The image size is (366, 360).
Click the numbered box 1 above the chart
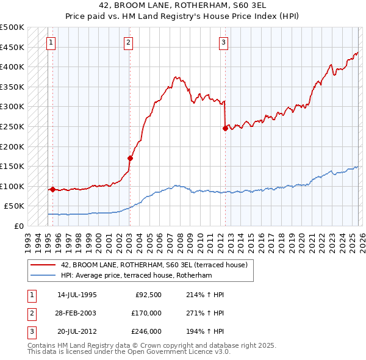51,43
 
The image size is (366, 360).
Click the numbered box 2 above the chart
128,43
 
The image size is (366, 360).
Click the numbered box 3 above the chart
224,43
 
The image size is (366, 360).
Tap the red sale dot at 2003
130,158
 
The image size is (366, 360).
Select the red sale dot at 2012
225,128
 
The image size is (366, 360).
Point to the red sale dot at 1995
52,189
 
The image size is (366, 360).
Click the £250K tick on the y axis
12,126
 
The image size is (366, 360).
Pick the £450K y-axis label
12,47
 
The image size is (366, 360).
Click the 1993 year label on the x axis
27,239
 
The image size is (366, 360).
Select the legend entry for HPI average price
136,276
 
